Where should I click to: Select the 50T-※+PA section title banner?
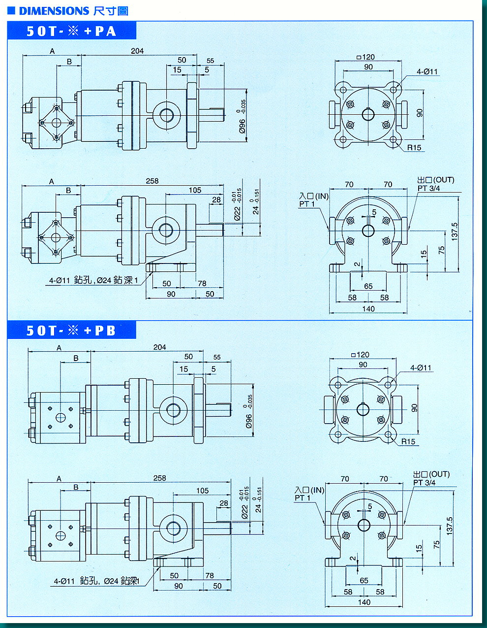tap(72, 31)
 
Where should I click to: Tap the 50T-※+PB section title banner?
tap(72, 330)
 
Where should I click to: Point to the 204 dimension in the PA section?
tap(137, 51)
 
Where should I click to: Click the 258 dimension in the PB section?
tap(160, 478)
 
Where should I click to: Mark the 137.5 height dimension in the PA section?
tap(455, 231)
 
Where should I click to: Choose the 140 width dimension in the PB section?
tap(364, 602)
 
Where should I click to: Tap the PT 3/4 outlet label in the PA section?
tap(429, 188)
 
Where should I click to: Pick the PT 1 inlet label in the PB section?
tap(303, 498)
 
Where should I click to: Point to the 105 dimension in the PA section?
tap(195, 190)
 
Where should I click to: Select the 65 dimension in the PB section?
tap(364, 580)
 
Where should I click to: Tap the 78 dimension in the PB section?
tap(210, 575)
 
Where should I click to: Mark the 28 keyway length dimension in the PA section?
tap(217, 200)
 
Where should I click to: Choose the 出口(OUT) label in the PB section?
tap(431, 474)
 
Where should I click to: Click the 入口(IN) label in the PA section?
tap(314, 196)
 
